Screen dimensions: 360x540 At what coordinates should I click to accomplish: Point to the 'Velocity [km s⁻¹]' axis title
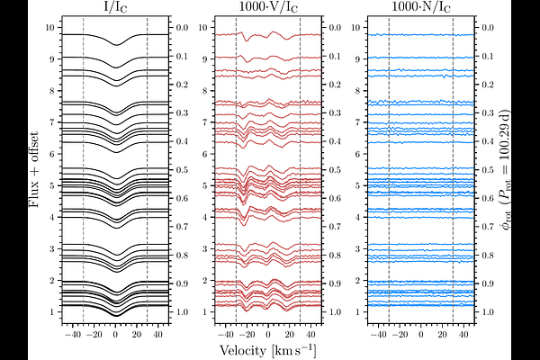(267, 347)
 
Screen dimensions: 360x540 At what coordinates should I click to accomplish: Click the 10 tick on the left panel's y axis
(50, 28)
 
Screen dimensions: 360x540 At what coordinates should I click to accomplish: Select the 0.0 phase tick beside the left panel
(184, 28)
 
